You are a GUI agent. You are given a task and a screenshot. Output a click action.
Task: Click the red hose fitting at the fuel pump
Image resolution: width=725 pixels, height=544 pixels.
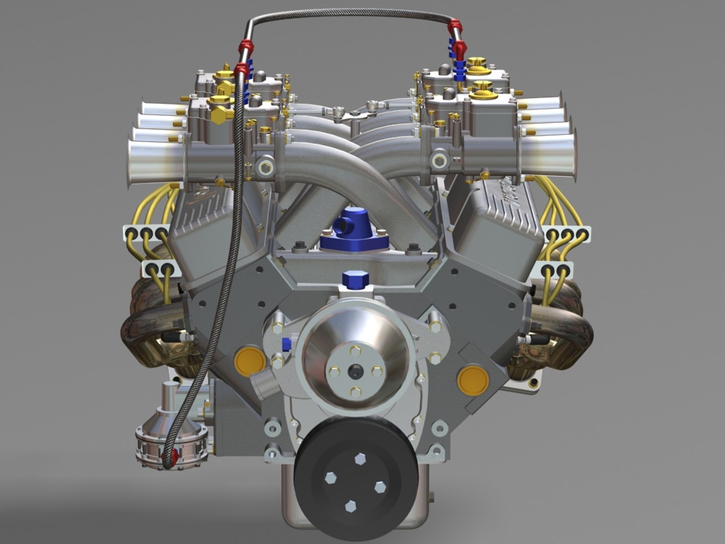tap(175, 456)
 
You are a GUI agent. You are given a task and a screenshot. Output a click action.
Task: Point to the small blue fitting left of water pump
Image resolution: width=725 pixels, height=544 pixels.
tap(286, 344)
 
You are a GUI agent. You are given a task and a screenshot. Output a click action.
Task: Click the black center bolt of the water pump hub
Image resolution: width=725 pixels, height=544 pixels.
tap(355, 371)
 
